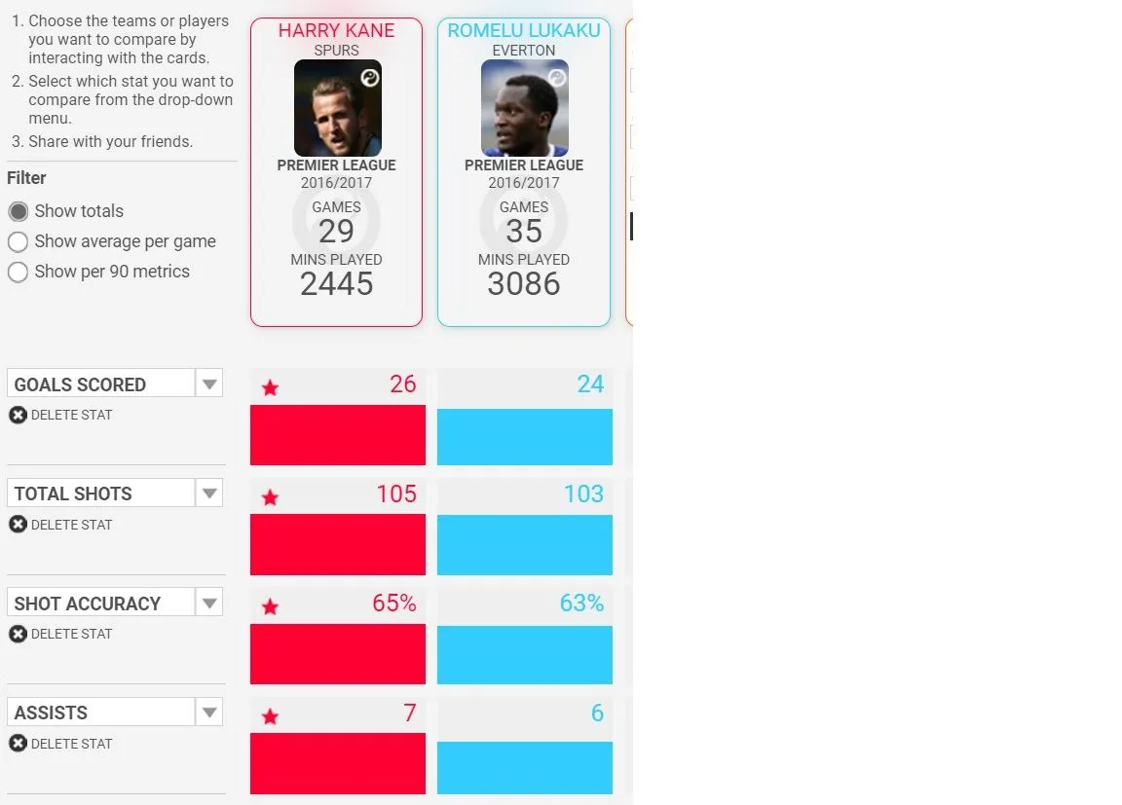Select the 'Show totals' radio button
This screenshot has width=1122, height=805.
point(18,211)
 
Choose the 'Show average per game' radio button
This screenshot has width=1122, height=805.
point(18,241)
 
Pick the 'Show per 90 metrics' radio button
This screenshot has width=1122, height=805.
point(18,272)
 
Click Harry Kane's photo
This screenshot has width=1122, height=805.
point(337,108)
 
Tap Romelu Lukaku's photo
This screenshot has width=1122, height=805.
point(524,108)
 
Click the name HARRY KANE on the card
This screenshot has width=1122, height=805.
point(336,30)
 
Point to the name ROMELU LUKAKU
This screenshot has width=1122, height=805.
point(524,30)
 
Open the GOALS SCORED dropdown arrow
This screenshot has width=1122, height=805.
point(209,384)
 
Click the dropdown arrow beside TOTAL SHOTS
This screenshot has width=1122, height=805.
point(209,494)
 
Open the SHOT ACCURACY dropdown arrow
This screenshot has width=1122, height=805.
point(209,603)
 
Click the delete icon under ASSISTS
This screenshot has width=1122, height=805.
point(18,744)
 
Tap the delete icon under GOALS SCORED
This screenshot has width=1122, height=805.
point(18,415)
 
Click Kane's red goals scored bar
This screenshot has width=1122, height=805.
point(337,435)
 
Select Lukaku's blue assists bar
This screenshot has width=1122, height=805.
point(524,768)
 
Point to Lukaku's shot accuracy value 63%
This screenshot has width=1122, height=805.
point(581,604)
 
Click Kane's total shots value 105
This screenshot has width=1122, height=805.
point(396,494)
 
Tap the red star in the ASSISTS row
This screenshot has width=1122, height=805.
point(270,717)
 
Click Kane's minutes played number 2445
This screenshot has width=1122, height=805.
point(336,284)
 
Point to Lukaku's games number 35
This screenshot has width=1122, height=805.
point(524,232)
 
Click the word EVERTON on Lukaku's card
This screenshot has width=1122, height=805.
point(524,51)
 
